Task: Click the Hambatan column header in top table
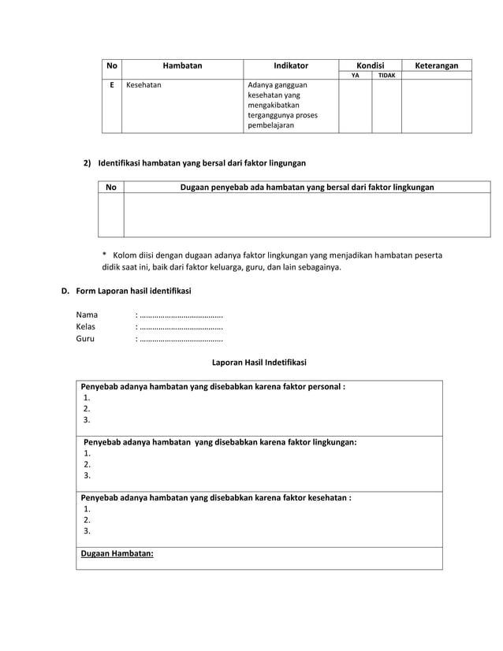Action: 182,65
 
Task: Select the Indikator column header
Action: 291,65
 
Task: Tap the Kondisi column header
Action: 370,65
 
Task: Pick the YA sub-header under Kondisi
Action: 355,76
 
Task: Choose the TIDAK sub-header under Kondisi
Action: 386,76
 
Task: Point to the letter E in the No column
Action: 111,85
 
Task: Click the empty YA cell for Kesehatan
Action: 355,106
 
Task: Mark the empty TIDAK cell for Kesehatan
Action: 386,106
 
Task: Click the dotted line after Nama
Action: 181,314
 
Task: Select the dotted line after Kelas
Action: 181,326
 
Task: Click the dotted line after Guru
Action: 181,339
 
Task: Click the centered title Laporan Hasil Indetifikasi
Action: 259,363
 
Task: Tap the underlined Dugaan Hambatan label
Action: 117,553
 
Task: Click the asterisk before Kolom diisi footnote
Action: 104,255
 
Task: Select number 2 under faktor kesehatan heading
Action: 87,520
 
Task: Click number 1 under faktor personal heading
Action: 87,398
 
